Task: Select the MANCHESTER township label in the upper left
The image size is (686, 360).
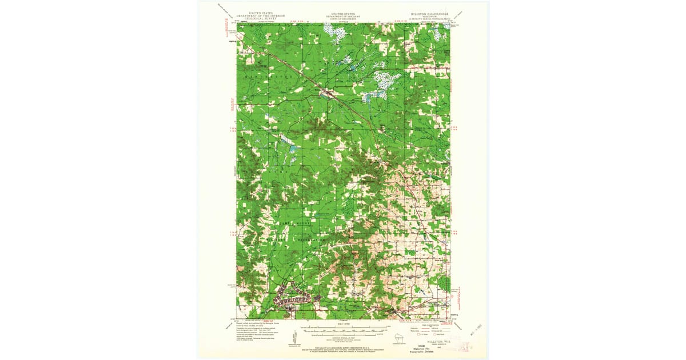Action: (274, 75)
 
